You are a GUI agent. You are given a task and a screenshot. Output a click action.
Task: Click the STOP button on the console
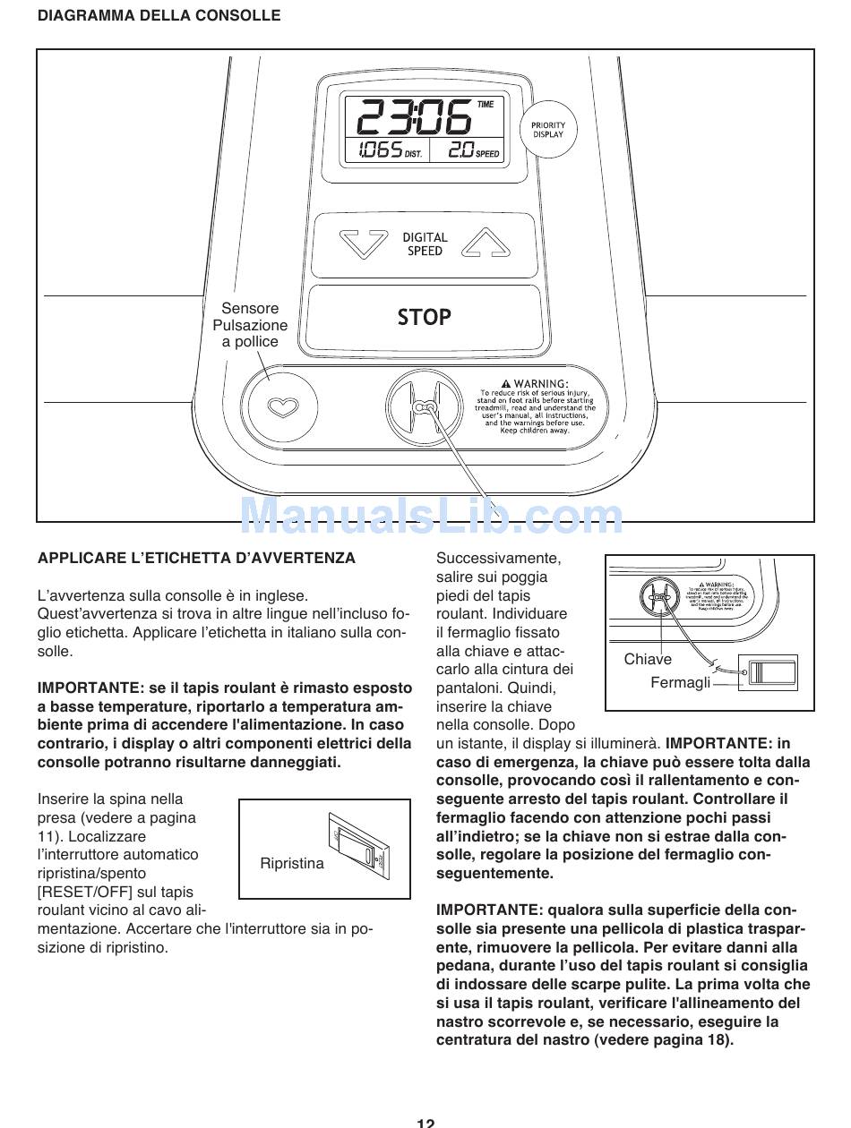click(424, 317)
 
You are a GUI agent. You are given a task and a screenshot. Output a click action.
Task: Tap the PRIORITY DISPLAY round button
click(547, 130)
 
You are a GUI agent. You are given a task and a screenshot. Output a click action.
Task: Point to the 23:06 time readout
click(414, 117)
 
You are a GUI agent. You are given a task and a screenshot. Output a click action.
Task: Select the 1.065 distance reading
click(379, 151)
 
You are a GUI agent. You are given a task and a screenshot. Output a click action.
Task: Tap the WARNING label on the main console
click(535, 406)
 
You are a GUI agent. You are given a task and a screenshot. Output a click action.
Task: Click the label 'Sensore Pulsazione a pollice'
click(250, 325)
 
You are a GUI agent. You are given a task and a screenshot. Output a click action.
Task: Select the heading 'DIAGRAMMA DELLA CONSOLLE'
click(159, 15)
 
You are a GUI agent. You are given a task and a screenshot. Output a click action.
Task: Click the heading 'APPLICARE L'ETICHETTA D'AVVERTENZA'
click(196, 558)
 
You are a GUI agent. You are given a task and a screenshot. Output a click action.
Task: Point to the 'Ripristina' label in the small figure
click(292, 863)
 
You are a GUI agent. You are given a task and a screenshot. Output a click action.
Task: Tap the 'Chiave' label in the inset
click(648, 659)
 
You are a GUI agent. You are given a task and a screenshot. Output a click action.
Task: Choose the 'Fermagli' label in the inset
click(680, 682)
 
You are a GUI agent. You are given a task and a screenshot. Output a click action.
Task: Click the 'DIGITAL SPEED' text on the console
click(425, 244)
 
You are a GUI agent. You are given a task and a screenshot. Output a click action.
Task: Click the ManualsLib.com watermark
click(432, 517)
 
